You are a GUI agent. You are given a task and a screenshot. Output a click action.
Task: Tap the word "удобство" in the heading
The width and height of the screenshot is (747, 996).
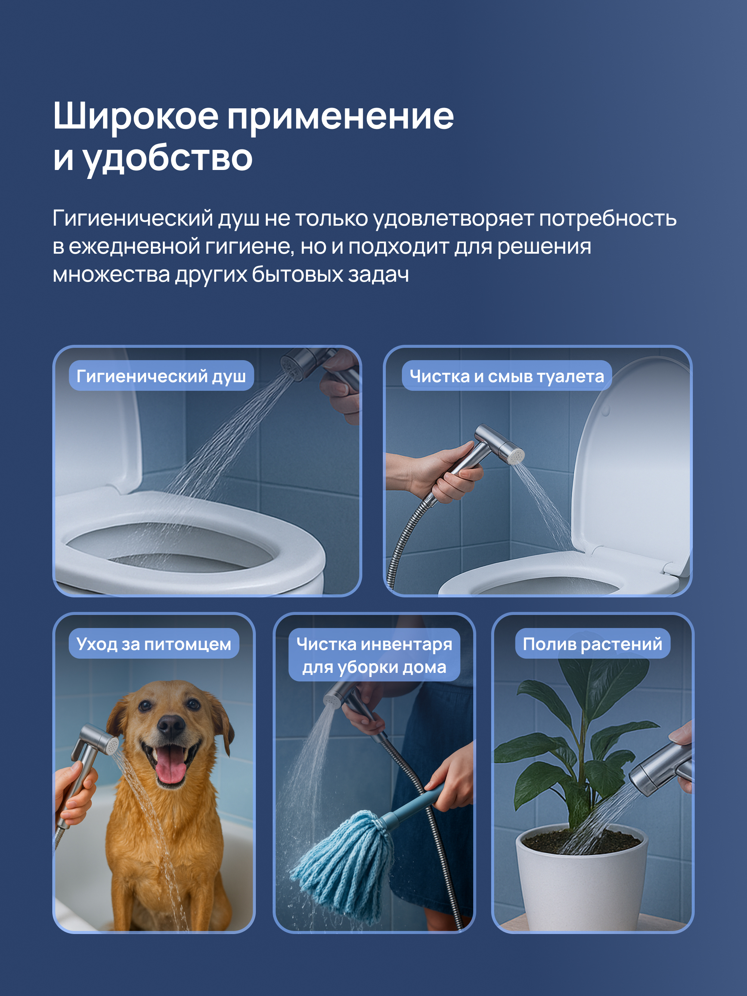pyautogui.click(x=167, y=158)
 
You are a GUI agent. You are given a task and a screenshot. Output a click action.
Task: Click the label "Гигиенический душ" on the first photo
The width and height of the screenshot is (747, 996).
pyautogui.click(x=161, y=375)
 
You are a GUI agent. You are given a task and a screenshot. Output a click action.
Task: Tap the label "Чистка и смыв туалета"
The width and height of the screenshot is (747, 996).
pyautogui.click(x=506, y=375)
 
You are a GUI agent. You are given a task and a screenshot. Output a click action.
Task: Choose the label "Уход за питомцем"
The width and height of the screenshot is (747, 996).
pyautogui.click(x=154, y=643)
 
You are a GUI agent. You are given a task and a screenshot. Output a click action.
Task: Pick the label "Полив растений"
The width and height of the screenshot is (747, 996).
pyautogui.click(x=592, y=643)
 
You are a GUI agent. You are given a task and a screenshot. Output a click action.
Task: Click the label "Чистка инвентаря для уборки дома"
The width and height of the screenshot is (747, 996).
pyautogui.click(x=374, y=655)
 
